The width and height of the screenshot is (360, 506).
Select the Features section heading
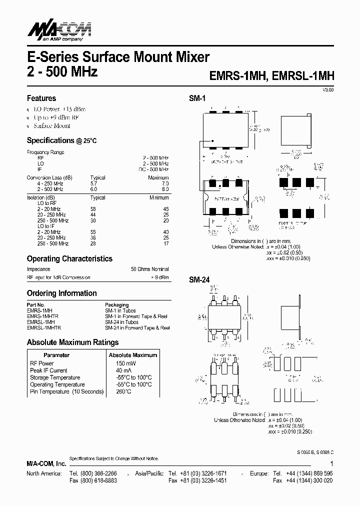(41, 98)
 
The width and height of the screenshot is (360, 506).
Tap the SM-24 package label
(198, 280)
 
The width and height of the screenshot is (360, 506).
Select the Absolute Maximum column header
(132, 355)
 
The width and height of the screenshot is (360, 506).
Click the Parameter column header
(56, 355)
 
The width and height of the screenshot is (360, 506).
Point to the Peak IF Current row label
(48, 370)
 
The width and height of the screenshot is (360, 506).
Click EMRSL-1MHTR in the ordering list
(44, 328)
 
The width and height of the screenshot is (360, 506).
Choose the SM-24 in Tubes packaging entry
(121, 322)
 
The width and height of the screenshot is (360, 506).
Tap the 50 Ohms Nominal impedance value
(150, 269)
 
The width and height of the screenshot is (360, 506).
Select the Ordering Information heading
(61, 293)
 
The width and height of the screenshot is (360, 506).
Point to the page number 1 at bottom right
(331, 464)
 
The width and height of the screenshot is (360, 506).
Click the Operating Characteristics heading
(69, 259)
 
